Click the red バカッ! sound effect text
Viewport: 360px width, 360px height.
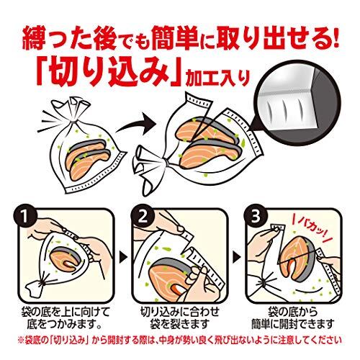pos(312,229)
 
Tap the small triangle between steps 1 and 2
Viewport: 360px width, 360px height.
pos(123,257)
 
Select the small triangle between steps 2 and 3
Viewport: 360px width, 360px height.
pos(238,257)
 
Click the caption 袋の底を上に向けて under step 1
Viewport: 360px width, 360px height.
pos(66,312)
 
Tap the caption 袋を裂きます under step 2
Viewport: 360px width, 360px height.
pos(179,324)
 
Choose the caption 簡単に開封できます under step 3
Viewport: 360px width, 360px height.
pos(293,324)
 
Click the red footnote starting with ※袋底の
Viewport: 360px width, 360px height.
pos(179,341)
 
